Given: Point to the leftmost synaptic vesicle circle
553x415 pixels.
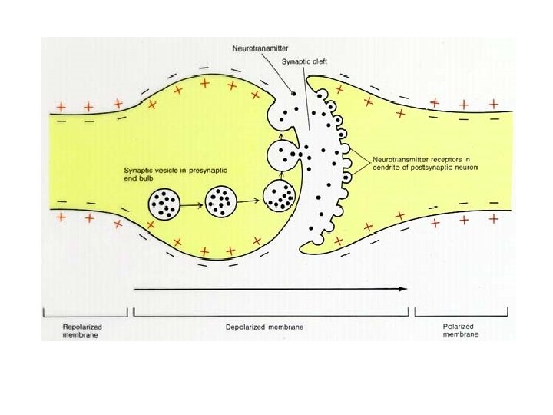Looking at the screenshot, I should [165, 203].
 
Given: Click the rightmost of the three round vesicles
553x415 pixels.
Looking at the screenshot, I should [280, 196].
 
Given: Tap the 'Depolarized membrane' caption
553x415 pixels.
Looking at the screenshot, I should [265, 327].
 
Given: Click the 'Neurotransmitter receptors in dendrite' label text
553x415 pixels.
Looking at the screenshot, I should [424, 163].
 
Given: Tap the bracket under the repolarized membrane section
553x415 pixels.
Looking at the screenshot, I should [84, 313].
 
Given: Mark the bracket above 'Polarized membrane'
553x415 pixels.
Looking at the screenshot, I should [461, 313].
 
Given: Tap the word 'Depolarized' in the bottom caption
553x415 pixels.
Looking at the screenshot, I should [247, 327].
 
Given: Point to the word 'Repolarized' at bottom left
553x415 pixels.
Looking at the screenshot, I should [81, 327].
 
